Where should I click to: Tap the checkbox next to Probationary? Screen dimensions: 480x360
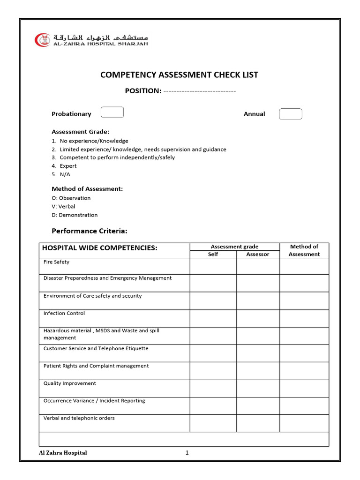(112, 112)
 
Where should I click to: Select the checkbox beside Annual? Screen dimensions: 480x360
(291, 114)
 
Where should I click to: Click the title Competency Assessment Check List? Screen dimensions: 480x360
(180, 75)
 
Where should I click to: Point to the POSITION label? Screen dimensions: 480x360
(143, 91)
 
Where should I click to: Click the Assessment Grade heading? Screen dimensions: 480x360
(80, 132)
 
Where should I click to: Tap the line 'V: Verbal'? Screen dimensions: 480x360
(63, 206)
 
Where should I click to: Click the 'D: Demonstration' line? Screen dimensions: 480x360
(75, 215)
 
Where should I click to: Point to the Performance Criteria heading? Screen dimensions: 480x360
(89, 231)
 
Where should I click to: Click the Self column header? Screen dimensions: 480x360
(213, 254)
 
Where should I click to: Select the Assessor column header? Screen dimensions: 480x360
(258, 254)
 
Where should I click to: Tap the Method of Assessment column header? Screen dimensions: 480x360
(304, 250)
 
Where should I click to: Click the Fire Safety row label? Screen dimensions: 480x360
(56, 262)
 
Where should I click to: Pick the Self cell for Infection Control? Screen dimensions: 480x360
(213, 318)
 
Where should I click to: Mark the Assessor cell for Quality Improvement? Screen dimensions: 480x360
(258, 388)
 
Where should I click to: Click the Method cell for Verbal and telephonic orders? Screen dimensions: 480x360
(304, 423)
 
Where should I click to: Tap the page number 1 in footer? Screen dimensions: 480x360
(187, 453)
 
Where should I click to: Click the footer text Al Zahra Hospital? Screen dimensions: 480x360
(63, 453)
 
